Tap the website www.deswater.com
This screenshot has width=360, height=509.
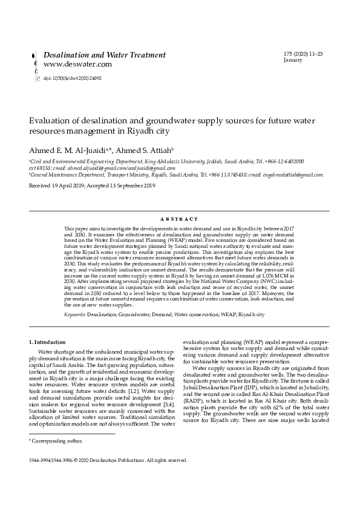(77, 64)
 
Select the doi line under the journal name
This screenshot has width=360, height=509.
(72, 78)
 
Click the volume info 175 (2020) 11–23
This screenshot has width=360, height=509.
(303, 54)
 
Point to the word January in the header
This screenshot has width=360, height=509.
(292, 60)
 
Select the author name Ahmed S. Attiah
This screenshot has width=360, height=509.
(145, 150)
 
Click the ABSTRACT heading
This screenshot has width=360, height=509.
(180, 219)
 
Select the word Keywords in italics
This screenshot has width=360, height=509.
(75, 315)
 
